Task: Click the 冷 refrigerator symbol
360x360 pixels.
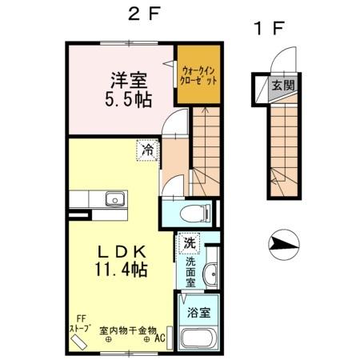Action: (147, 149)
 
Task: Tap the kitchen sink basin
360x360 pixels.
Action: (114, 198)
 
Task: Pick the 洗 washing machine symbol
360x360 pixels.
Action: (190, 242)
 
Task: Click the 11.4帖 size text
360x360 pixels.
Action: (120, 270)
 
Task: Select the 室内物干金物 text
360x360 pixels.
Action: (127, 329)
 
